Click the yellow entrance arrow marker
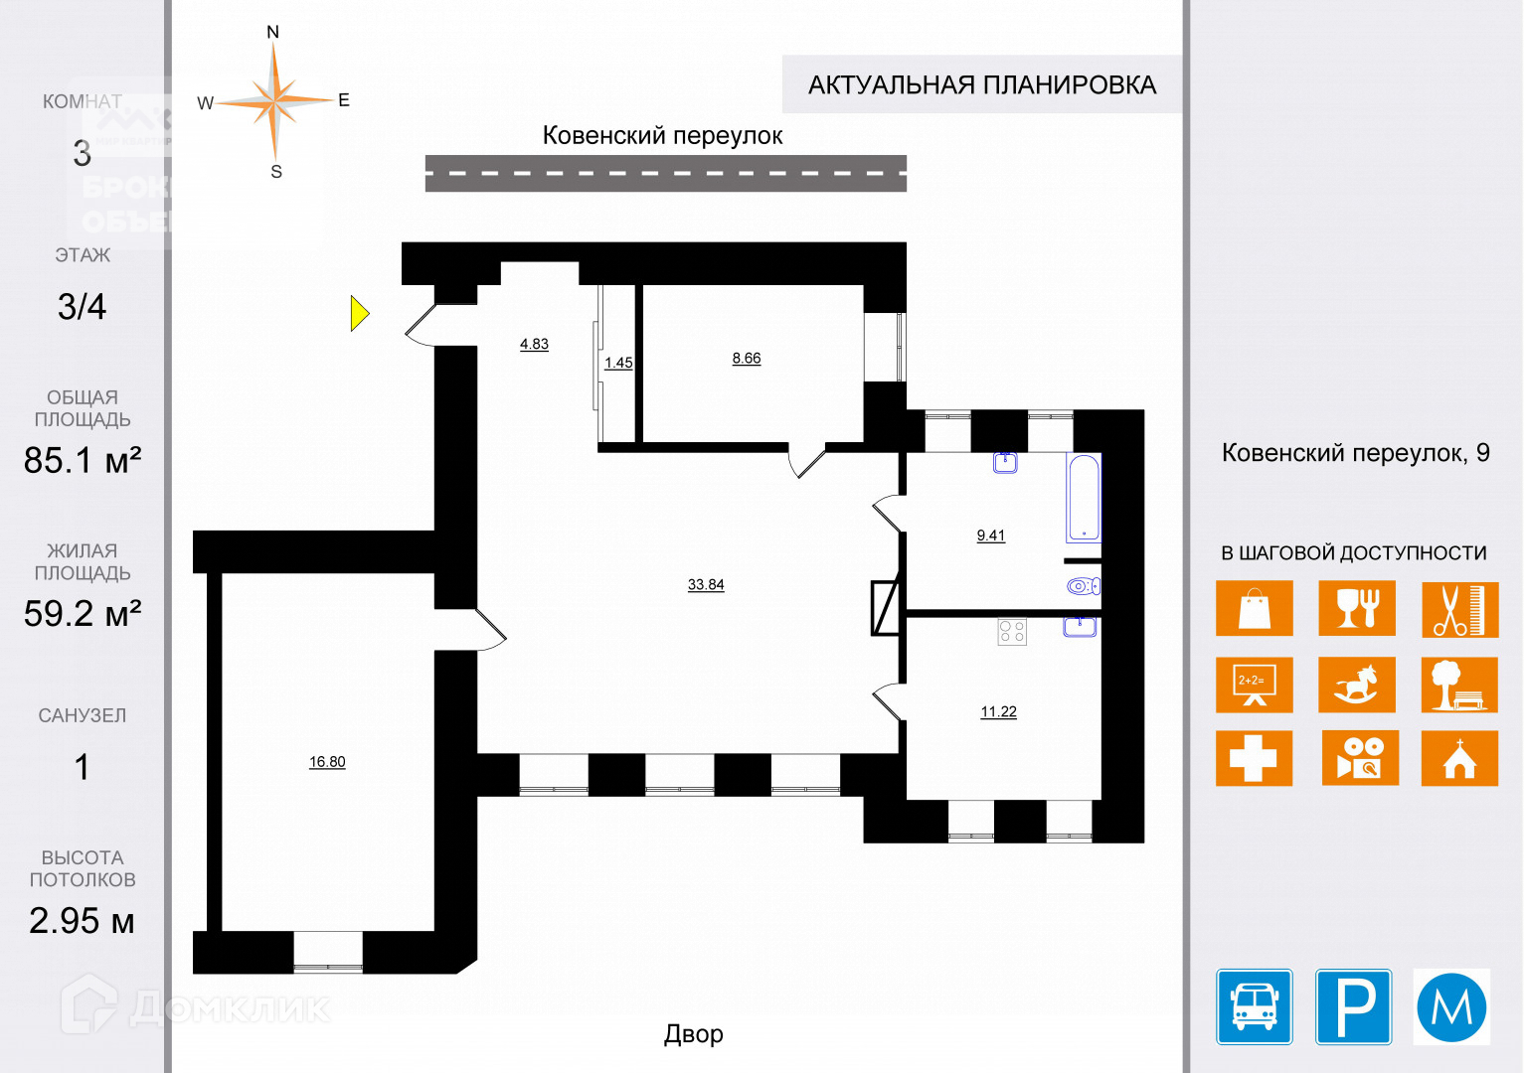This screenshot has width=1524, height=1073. pyautogui.click(x=359, y=313)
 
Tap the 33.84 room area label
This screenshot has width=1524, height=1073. pyautogui.click(x=706, y=584)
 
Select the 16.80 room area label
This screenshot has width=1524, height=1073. pyautogui.click(x=327, y=762)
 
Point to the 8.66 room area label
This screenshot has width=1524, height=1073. pyautogui.click(x=747, y=358)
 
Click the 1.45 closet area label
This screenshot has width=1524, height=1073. pyautogui.click(x=618, y=363)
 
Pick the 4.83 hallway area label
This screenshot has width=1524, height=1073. pyautogui.click(x=534, y=344)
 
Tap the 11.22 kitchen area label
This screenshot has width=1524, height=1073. pyautogui.click(x=998, y=711)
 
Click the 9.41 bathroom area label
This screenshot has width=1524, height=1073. pyautogui.click(x=991, y=536)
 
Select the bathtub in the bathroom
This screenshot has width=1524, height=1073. pyautogui.click(x=1084, y=497)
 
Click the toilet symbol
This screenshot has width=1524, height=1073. pyautogui.click(x=1081, y=586)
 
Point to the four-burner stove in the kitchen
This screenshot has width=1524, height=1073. pyautogui.click(x=1012, y=631)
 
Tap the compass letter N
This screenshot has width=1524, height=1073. pyautogui.click(x=273, y=32)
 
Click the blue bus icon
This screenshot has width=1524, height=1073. pyautogui.click(x=1255, y=1006)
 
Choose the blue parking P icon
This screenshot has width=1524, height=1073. pyautogui.click(x=1354, y=1006)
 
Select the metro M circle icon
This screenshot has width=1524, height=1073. pyautogui.click(x=1451, y=1006)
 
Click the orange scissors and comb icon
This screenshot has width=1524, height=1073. pyautogui.click(x=1459, y=608)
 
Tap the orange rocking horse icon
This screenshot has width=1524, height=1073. pyautogui.click(x=1357, y=685)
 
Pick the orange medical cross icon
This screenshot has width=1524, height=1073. pyautogui.click(x=1255, y=758)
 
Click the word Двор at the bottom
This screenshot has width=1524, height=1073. pyautogui.click(x=694, y=1034)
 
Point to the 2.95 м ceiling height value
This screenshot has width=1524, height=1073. pyautogui.click(x=82, y=921)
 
